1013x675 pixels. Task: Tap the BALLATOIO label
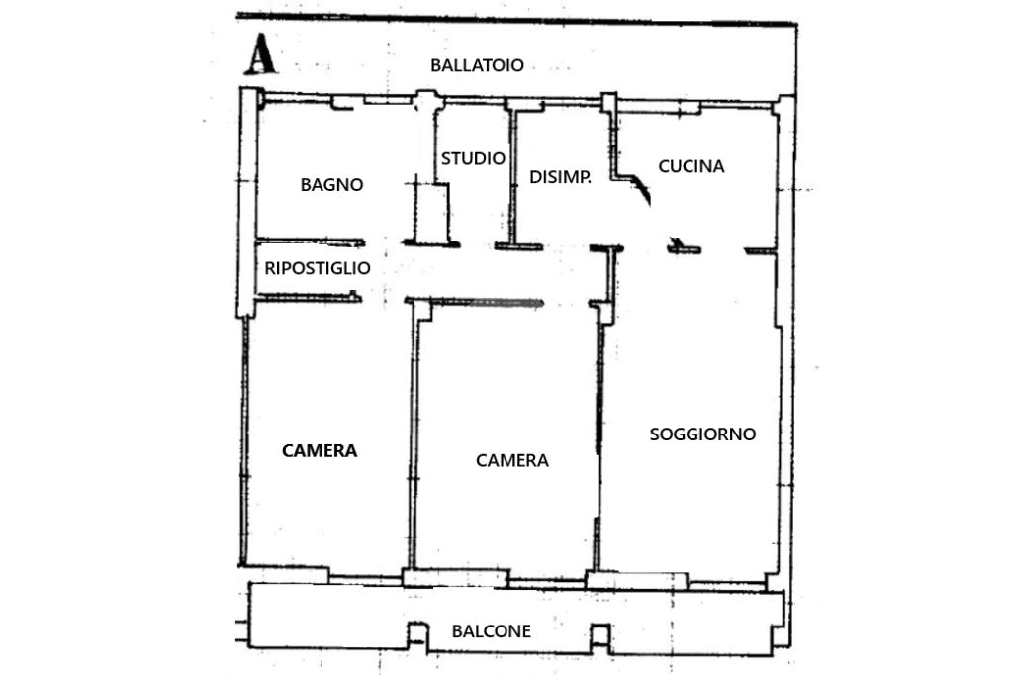pyautogui.click(x=477, y=65)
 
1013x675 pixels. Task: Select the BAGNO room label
pyautogui.click(x=331, y=185)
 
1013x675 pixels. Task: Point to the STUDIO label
pyautogui.click(x=473, y=158)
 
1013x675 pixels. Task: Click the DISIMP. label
pyautogui.click(x=560, y=177)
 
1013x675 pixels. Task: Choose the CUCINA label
pyautogui.click(x=691, y=166)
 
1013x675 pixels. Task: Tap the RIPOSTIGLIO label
pyautogui.click(x=318, y=267)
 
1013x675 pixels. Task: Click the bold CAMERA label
pyautogui.click(x=320, y=450)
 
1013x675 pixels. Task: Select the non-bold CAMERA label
pyautogui.click(x=512, y=460)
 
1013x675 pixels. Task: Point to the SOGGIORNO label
pyautogui.click(x=703, y=434)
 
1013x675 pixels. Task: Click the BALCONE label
pyautogui.click(x=491, y=631)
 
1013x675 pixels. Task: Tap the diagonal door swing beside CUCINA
pyautogui.click(x=642, y=188)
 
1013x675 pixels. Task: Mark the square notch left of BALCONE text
pyautogui.click(x=417, y=633)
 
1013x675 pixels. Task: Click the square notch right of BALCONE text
pyautogui.click(x=600, y=634)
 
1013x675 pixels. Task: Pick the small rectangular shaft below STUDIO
pyautogui.click(x=431, y=214)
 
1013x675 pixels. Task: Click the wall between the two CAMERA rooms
pyautogui.click(x=412, y=439)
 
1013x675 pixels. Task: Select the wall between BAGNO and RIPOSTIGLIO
pyautogui.click(x=310, y=242)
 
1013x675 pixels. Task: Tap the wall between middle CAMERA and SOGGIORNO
pyautogui.click(x=599, y=446)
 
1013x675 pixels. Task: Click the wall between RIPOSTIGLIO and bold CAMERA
pyautogui.click(x=309, y=297)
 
